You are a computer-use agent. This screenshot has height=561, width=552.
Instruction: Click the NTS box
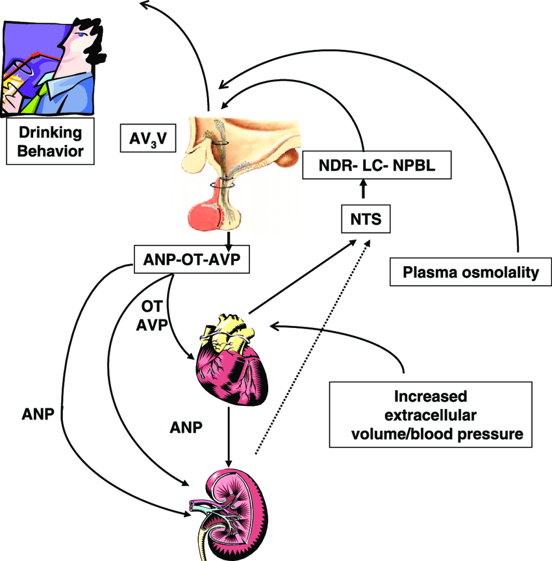pos(366,219)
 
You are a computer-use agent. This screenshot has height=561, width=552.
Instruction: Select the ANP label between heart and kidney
pos(186,428)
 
